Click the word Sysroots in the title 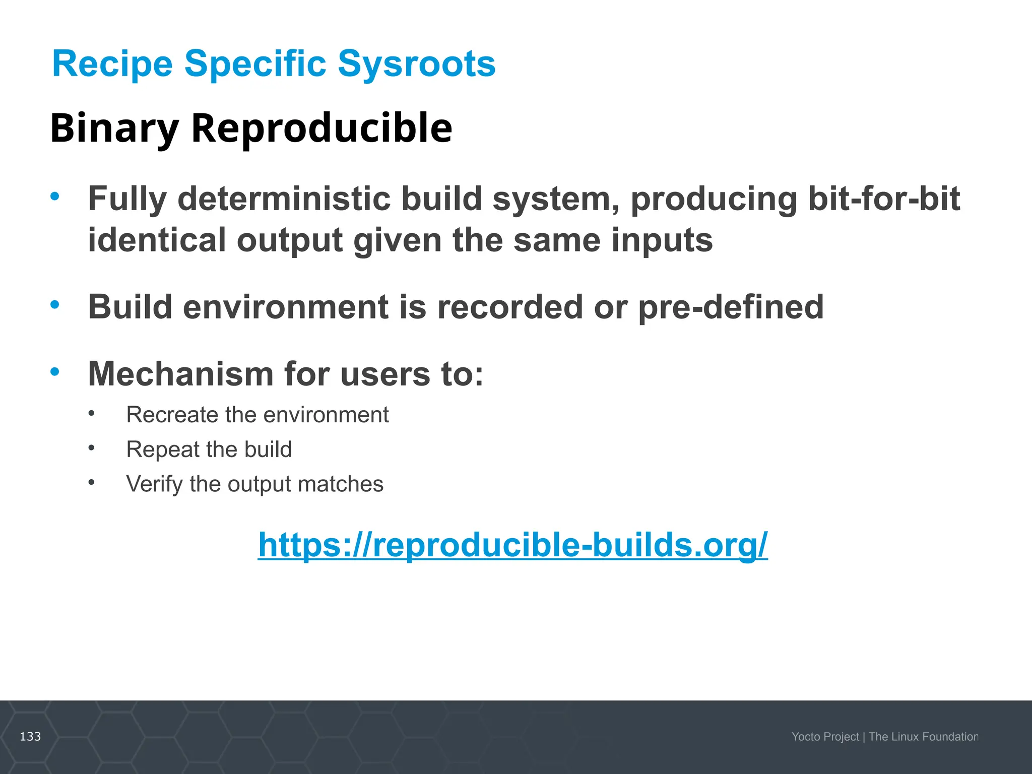(x=416, y=64)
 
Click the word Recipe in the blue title (x=112, y=64)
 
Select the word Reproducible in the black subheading (x=321, y=128)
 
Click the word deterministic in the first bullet (x=284, y=199)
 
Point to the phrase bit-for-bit (x=884, y=199)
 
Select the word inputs (x=662, y=240)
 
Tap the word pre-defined (x=731, y=307)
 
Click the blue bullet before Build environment (x=55, y=304)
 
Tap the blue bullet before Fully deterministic (x=55, y=196)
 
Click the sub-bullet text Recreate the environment (x=257, y=415)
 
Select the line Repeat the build (x=209, y=449)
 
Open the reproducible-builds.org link (x=512, y=545)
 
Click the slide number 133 (x=30, y=737)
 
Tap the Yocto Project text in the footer (x=825, y=737)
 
